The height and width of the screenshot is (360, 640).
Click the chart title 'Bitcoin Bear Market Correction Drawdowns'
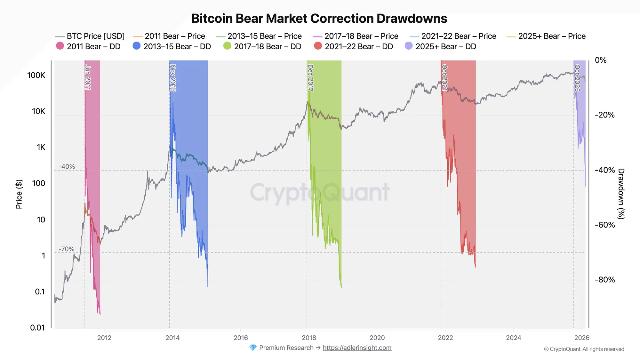(319, 19)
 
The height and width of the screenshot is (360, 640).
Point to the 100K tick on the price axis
(36, 76)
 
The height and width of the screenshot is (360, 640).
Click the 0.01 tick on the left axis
(37, 328)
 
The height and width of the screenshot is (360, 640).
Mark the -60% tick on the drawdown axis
(604, 225)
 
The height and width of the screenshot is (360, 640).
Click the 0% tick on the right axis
(600, 60)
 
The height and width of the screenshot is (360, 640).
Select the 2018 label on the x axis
(309, 338)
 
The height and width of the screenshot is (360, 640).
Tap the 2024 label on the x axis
(513, 338)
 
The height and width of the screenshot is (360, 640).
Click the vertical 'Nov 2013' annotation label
(173, 78)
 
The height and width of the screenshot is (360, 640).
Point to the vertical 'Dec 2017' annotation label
(310, 78)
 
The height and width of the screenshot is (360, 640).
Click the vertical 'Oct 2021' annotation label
(444, 78)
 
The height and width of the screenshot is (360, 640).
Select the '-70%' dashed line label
(67, 249)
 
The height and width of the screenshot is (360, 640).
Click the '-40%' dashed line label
(67, 167)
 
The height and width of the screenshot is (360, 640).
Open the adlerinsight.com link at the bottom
(357, 348)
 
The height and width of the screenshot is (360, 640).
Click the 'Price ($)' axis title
(19, 194)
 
